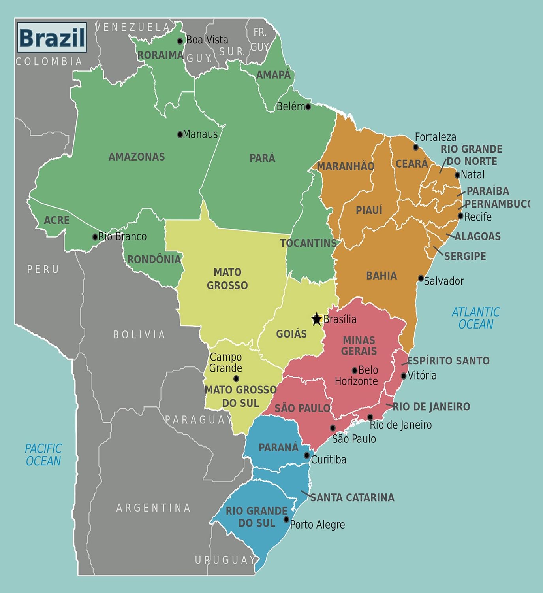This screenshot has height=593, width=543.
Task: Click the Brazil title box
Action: [x=52, y=38]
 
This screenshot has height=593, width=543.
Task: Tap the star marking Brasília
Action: [x=316, y=319]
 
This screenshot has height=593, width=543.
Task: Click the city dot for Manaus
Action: [x=180, y=134]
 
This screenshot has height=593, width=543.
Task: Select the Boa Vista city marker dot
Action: [x=180, y=41]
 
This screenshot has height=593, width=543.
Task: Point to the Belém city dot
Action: [x=308, y=107]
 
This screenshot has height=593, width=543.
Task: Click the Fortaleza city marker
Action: [x=416, y=147]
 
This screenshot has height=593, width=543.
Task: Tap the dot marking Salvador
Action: [x=421, y=278]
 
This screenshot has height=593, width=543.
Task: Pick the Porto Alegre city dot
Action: [x=286, y=519]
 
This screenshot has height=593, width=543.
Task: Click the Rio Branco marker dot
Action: [x=95, y=237]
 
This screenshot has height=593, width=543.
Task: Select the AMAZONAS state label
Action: [x=137, y=157]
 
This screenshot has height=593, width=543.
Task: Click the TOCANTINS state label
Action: [x=308, y=243]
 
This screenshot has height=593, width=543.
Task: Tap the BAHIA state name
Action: [x=381, y=276]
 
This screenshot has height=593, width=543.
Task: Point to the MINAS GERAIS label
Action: [x=359, y=346]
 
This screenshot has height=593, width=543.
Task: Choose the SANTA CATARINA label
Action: [x=352, y=497]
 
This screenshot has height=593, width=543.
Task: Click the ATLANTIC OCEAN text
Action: [x=475, y=318]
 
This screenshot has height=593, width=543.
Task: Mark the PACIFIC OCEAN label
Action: [x=43, y=455]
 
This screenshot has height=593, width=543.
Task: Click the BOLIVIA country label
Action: [x=139, y=334]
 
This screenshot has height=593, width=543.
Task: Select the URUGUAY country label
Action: [x=225, y=560]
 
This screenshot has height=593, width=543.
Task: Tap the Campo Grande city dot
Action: [x=236, y=379]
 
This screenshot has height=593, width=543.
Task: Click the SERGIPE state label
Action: [x=465, y=256]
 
